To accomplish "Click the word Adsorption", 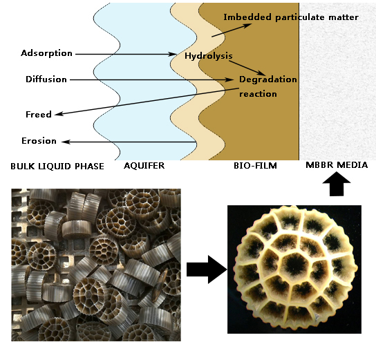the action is tap(46, 53).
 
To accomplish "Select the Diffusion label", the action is tap(46, 79).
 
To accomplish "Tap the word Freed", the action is tap(39, 114).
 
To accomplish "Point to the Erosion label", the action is tap(39, 141).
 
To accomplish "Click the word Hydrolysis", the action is tap(209, 56).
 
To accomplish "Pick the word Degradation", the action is tap(268, 79).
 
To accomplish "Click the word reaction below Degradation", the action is tap(258, 94).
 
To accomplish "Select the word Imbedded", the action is tap(247, 17).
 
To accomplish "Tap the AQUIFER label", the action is tap(144, 166).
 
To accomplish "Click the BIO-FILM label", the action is tap(255, 166).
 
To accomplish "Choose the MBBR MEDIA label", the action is tap(337, 165).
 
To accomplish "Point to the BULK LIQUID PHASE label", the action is tap(57, 166).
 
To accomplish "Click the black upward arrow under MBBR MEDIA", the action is tap(337, 184).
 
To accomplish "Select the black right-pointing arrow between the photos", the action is tap(207, 269).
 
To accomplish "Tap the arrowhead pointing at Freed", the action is tap(59, 114).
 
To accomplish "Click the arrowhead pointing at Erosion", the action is tap(66, 142).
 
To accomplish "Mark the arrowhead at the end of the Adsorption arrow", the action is tap(172, 54).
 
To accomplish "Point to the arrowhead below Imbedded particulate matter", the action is tap(247, 25).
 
